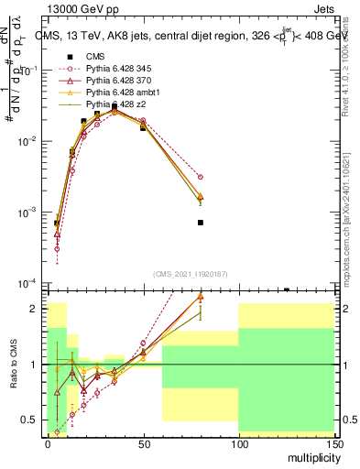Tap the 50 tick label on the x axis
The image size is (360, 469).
pos(142,443)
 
